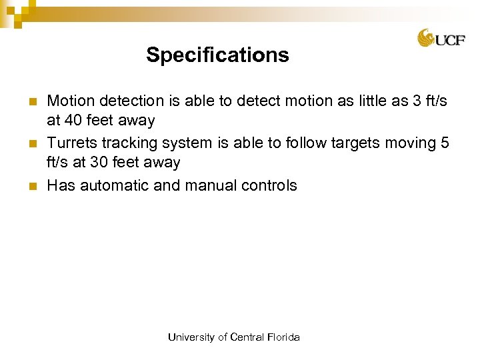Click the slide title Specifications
click(217, 55)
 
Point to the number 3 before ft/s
click(417, 101)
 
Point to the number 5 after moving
click(445, 143)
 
